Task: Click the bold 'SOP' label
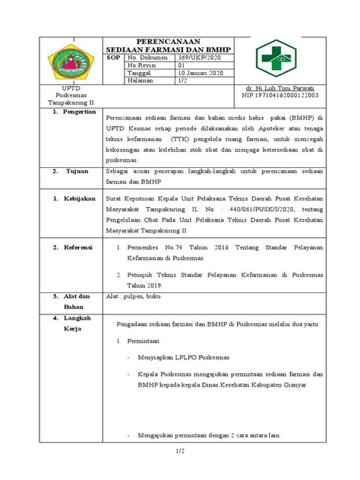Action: [x=114, y=57]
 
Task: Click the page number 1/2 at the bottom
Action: [x=180, y=453]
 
